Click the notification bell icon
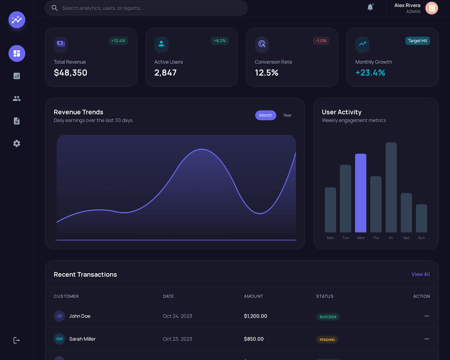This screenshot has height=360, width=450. pos(370,7)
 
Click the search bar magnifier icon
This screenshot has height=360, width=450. pos(55,8)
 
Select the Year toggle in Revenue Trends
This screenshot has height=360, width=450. pos(287,115)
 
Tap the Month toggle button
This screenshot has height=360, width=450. pos(265,115)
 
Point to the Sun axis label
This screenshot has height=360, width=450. pos(421,238)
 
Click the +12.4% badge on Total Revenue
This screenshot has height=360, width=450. pos(118,41)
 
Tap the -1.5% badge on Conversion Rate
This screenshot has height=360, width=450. pos(321,41)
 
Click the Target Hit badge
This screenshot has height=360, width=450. pos(417,41)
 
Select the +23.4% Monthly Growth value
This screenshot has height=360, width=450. pos(370,73)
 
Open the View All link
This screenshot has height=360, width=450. pos(420,274)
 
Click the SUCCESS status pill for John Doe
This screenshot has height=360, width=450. pos(328,317)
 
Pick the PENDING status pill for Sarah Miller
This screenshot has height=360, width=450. pos(327,340)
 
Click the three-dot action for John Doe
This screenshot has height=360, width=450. pos(427,316)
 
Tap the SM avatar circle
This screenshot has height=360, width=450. pos(59,339)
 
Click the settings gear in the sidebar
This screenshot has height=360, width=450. pos(17,143)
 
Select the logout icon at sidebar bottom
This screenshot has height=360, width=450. pos(17,340)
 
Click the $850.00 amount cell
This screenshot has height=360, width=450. pos(254,339)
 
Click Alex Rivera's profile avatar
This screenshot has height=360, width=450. pos(431,8)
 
